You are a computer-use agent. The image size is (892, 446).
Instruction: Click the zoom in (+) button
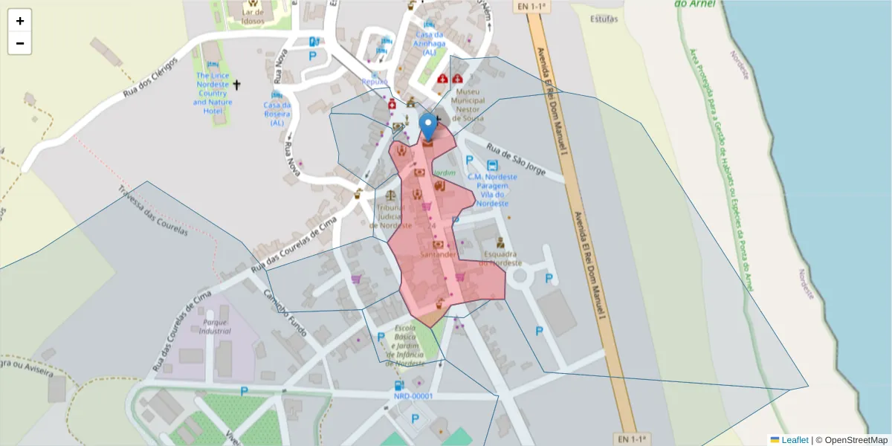click(19, 21)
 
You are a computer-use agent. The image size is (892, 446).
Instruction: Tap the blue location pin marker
click(428, 126)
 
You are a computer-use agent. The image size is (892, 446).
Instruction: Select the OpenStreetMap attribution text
click(856, 439)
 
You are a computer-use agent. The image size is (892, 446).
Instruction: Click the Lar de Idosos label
click(252, 21)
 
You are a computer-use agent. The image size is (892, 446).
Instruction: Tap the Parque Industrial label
click(216, 327)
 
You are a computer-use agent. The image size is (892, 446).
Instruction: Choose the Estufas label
click(603, 19)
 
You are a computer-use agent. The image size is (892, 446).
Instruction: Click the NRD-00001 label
click(413, 396)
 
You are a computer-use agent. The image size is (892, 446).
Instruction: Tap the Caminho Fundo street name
click(286, 312)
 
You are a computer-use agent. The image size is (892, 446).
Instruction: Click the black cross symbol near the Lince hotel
click(237, 85)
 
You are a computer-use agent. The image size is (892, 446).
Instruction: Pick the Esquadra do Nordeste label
click(500, 258)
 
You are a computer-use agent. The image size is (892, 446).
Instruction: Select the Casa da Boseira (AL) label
click(277, 114)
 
